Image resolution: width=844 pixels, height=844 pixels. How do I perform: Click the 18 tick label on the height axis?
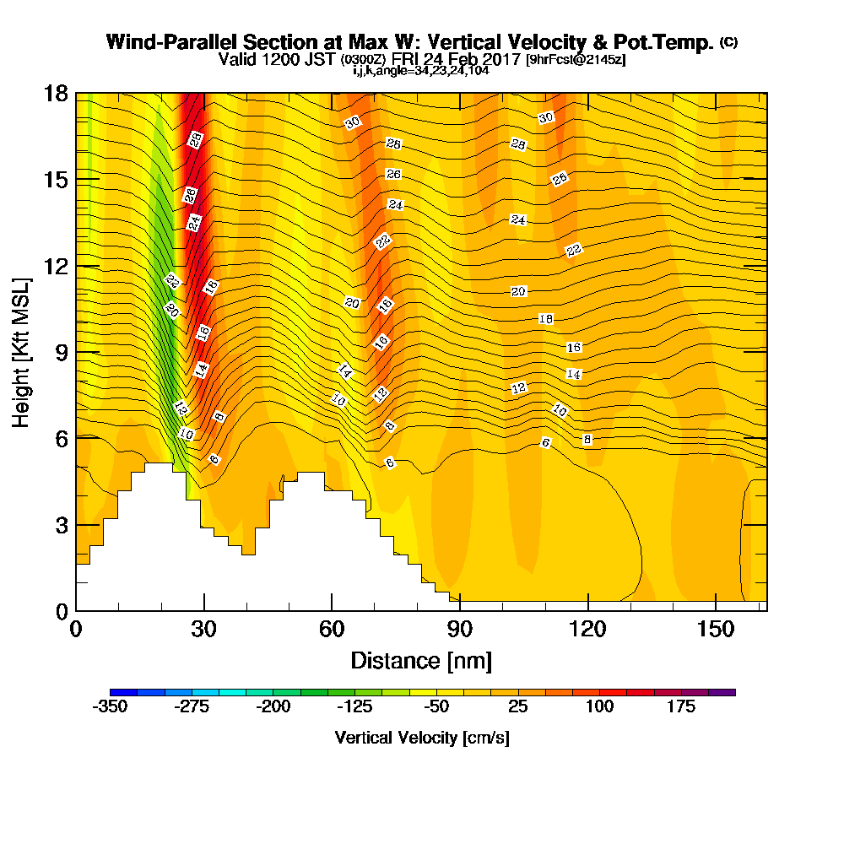[56, 94]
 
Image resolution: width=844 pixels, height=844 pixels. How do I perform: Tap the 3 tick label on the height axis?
[62, 525]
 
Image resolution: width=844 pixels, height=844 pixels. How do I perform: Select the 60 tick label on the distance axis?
[332, 629]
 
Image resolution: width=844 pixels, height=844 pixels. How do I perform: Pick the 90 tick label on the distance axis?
[460, 629]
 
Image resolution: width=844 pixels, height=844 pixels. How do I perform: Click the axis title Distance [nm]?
[421, 661]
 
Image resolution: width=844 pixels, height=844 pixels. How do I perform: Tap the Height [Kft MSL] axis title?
[22, 353]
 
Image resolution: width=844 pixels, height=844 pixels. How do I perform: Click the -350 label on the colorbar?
[110, 706]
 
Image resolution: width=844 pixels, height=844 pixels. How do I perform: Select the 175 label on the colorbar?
[681, 706]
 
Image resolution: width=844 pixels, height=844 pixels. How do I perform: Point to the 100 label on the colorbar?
[599, 706]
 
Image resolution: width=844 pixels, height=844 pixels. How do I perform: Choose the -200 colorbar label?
[273, 706]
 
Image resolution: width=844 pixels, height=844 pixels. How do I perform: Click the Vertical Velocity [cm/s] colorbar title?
[422, 738]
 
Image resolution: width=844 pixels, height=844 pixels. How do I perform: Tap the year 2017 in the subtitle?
[503, 59]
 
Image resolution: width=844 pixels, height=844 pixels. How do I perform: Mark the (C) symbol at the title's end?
[729, 42]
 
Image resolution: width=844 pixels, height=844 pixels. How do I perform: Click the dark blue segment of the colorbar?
[123, 692]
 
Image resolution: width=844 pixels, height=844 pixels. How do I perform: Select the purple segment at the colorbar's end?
[722, 692]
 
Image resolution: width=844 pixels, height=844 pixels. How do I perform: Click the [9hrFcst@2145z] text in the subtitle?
[576, 59]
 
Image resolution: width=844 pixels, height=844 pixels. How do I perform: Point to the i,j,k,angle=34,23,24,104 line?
[421, 71]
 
